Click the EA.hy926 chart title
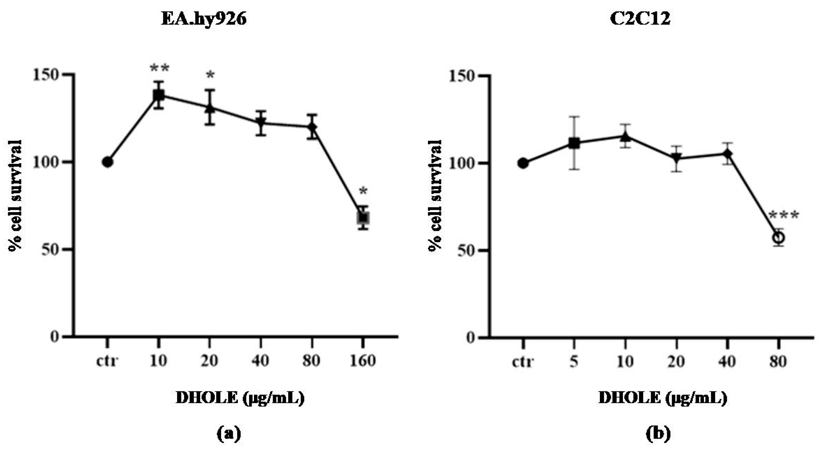pyautogui.click(x=204, y=19)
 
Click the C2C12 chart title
pyautogui.click(x=640, y=19)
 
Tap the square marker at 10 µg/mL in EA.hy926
pyautogui.click(x=158, y=95)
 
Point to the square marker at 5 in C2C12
pyautogui.click(x=574, y=143)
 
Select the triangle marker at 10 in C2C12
pyautogui.click(x=625, y=137)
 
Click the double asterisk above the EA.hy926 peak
pyautogui.click(x=159, y=68)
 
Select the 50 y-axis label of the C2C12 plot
pyautogui.click(x=465, y=250)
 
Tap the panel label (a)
pyautogui.click(x=229, y=434)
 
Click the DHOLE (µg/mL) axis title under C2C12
pyautogui.click(x=663, y=398)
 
